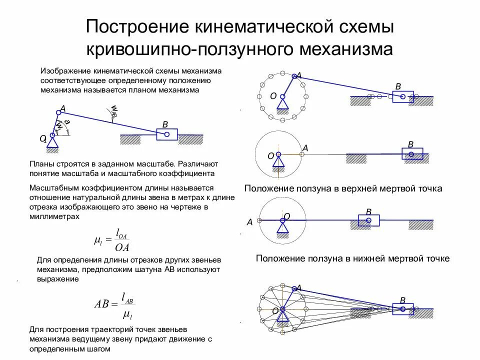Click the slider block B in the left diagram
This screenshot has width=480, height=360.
(166, 134)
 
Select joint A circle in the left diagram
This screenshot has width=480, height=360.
(58, 113)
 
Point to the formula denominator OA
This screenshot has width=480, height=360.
(122, 246)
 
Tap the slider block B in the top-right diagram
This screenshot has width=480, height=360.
(402, 96)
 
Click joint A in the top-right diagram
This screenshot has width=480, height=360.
(294, 76)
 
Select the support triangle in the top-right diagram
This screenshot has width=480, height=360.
(282, 103)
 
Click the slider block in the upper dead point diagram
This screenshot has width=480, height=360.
(412, 154)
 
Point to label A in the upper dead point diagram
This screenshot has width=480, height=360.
(305, 148)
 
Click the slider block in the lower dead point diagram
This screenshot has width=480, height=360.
(368, 220)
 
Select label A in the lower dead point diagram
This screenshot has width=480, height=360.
(249, 222)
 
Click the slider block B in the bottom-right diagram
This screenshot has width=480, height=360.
(402, 309)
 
